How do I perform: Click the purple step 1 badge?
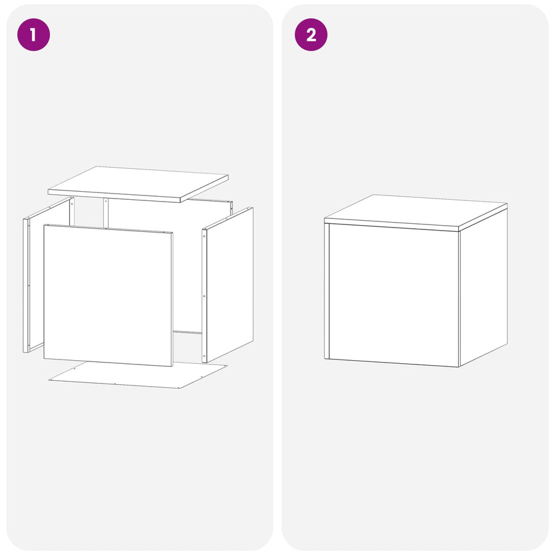click(x=34, y=35)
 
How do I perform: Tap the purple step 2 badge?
click(x=311, y=35)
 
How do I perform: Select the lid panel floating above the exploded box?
click(x=138, y=184)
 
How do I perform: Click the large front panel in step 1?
click(x=108, y=295)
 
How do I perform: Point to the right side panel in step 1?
click(x=228, y=285)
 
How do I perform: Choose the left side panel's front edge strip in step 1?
click(x=25, y=286)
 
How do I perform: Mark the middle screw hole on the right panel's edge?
click(x=204, y=296)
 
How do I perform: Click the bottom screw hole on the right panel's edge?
click(x=204, y=356)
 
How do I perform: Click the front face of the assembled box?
click(x=394, y=295)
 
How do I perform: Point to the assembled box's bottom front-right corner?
click(x=459, y=367)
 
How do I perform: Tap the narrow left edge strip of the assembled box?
click(x=327, y=291)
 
